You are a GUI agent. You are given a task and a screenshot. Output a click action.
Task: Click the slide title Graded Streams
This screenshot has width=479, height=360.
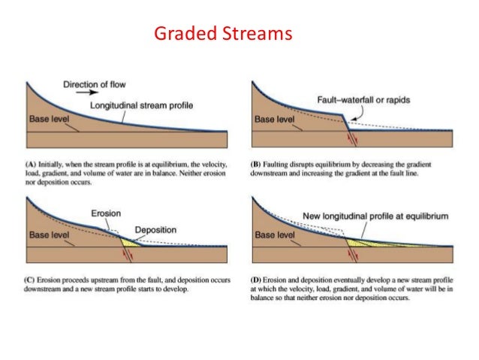222,34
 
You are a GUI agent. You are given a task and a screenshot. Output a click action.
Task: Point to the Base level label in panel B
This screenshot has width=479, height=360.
276,119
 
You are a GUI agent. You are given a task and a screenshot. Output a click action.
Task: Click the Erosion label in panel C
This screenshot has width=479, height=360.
106,213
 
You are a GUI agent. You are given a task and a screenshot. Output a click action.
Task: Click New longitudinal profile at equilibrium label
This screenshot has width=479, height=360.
375,216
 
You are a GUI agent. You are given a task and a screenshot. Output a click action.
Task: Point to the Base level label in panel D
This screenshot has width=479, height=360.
276,233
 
